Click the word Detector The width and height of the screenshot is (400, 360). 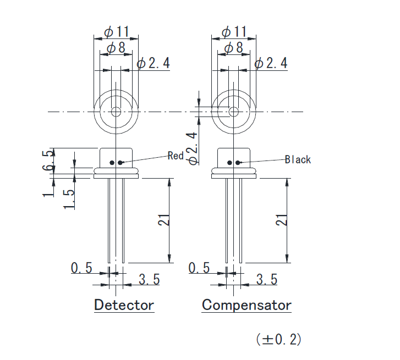124,305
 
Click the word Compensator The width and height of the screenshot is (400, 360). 246,305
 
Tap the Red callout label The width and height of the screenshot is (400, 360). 176,156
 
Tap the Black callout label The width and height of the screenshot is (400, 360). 298,160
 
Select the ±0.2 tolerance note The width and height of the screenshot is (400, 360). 279,339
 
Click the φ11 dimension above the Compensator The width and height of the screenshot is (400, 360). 234,32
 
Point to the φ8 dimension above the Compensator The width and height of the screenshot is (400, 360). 233,48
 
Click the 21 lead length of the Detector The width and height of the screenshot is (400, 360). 163,220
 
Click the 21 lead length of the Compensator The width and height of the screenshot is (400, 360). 281,220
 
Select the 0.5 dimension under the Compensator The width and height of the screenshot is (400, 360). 199,268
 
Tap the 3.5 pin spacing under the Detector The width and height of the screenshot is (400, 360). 149,280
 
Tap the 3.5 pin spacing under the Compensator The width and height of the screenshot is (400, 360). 267,280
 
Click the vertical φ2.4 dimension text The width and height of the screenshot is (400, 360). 192,148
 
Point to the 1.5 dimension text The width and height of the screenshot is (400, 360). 69,200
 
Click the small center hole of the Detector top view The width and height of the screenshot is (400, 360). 116,112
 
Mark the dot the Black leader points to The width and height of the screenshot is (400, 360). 239,163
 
